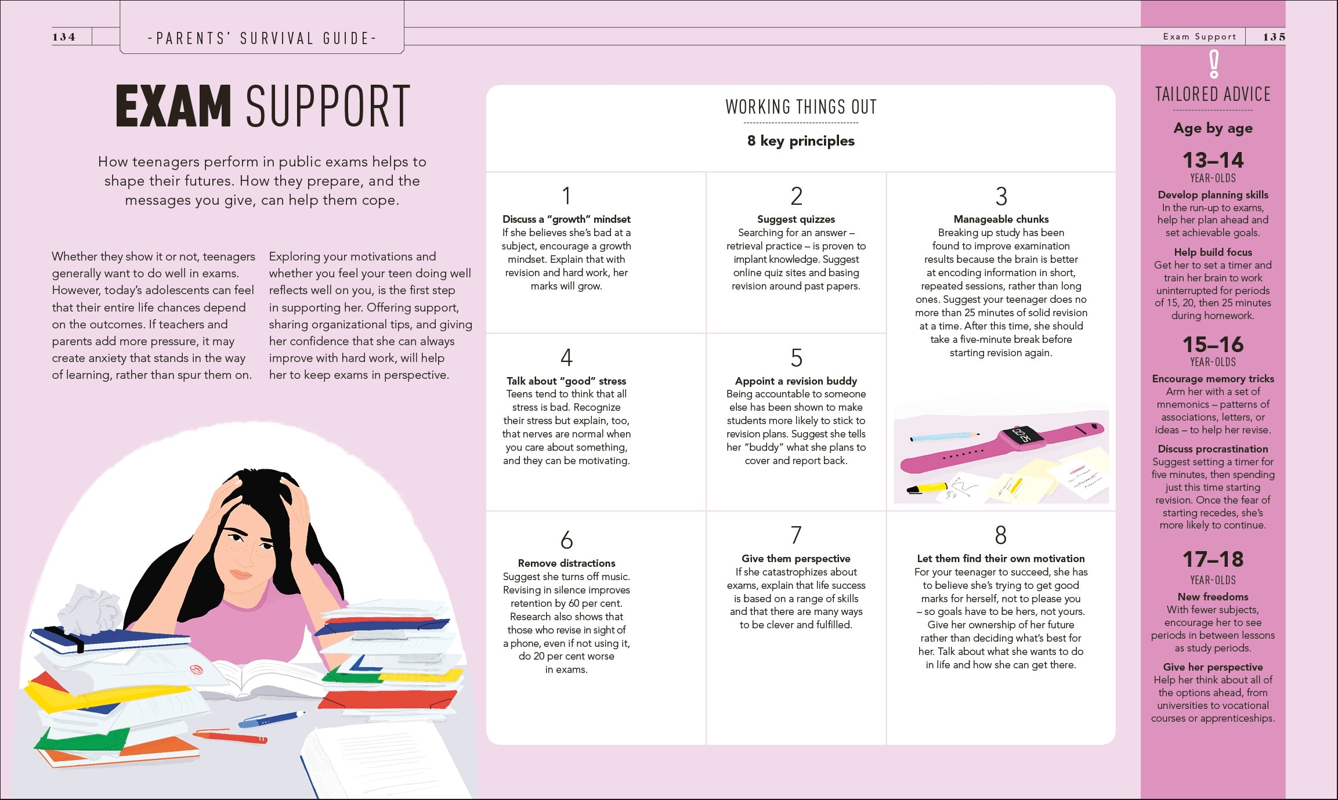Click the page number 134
[64, 37]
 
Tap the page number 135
[1274, 37]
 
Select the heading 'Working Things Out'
[801, 107]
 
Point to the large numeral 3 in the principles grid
[1001, 197]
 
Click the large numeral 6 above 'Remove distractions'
[566, 540]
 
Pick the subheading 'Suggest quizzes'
[796, 219]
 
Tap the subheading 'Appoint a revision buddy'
[796, 381]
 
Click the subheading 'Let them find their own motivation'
[1001, 559]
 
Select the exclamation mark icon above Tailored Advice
[1213, 64]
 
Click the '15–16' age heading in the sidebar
[1213, 345]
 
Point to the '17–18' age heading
[1213, 559]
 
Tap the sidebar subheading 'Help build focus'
[1213, 252]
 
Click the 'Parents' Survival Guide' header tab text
[262, 39]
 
